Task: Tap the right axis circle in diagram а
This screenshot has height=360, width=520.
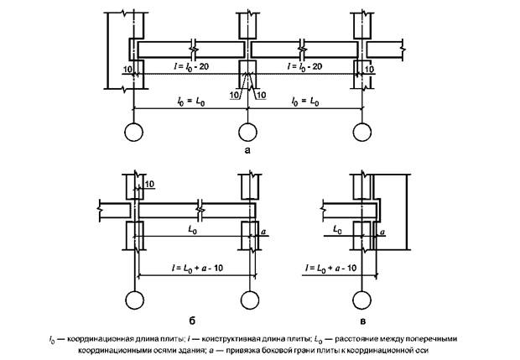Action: pos(361,132)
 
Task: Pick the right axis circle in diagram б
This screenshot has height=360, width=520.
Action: pos(247,300)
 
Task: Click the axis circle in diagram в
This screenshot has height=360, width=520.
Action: pos(361,300)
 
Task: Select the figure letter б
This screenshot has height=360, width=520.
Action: pos(191,320)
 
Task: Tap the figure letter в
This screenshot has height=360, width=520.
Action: pos(361,320)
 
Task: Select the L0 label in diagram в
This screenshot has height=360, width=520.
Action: pos(340,227)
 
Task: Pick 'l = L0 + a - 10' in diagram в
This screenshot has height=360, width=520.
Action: pos(332,266)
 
